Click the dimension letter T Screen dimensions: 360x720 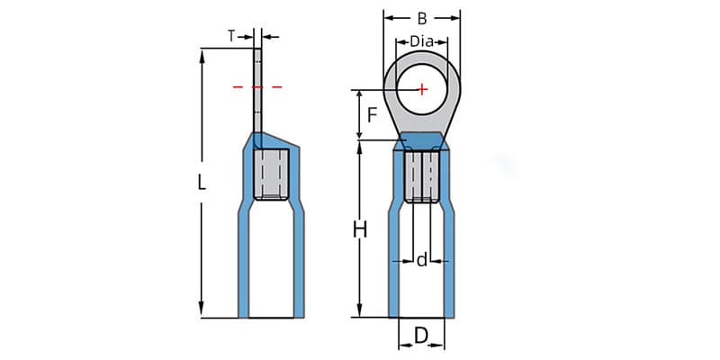[x=231, y=36]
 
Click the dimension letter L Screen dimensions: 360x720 [x=202, y=183]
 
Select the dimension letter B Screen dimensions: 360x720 [x=422, y=16]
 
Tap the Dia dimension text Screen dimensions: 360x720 [x=422, y=41]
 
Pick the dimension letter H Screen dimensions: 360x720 [x=360, y=230]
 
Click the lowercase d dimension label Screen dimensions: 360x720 [x=421, y=260]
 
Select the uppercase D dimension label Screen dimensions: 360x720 [x=420, y=337]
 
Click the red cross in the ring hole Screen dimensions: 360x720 [x=422, y=88]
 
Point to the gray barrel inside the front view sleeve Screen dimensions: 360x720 [x=421, y=175]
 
